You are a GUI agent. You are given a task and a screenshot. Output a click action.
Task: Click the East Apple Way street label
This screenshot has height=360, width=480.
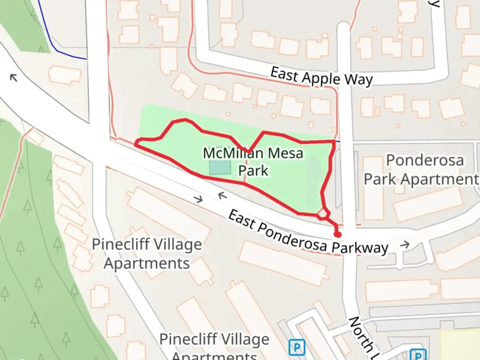pyautogui.click(x=321, y=77)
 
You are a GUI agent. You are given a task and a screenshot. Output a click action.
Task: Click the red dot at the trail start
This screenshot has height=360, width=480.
pyautogui.click(x=338, y=235)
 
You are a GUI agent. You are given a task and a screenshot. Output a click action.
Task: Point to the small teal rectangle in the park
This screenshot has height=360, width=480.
pyautogui.click(x=220, y=167)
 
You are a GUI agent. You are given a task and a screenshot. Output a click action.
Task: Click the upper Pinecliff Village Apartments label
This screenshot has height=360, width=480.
pyautogui.click(x=147, y=254)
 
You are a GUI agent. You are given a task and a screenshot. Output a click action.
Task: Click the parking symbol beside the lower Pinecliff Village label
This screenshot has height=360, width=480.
pyautogui.click(x=296, y=347)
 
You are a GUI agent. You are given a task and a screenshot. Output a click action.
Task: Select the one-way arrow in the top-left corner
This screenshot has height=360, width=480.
pyautogui.click(x=13, y=78)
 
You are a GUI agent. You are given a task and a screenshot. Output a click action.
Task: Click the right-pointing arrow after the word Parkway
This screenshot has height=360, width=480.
pyautogui.click(x=405, y=245)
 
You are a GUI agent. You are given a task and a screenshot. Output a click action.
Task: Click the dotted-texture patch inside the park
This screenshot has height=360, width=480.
pyautogui.click(x=312, y=182)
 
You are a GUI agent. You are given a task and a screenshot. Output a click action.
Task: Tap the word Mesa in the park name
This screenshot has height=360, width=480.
pyautogui.click(x=285, y=154)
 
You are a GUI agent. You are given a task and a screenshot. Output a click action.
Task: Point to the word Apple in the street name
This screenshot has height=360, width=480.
pyautogui.click(x=321, y=78)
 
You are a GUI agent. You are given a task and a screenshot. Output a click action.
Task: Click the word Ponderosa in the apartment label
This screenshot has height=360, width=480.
pyautogui.click(x=425, y=161)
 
